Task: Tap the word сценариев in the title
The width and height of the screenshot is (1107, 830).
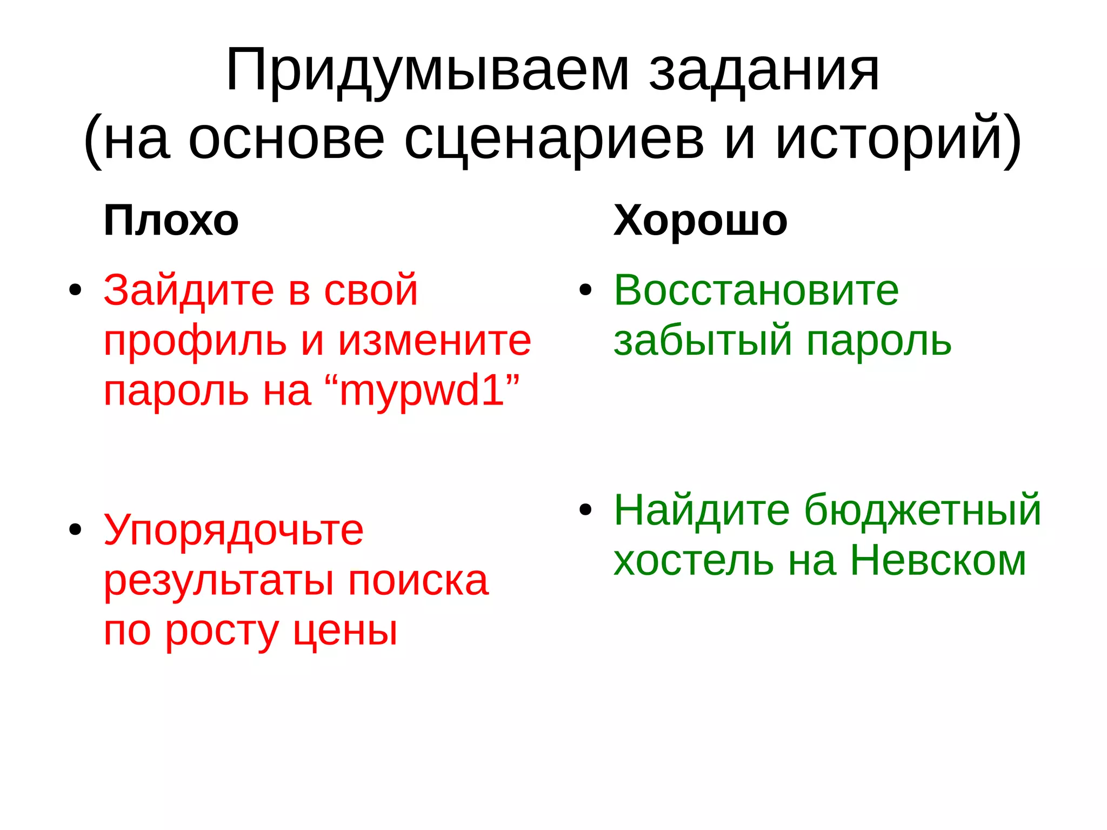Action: (x=554, y=140)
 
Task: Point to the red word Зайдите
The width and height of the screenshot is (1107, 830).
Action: (x=189, y=291)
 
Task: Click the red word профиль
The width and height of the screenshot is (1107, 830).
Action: (x=195, y=342)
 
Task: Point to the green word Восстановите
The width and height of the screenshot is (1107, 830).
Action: (x=756, y=290)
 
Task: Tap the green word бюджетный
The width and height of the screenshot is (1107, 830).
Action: (x=922, y=510)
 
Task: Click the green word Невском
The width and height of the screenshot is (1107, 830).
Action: (x=938, y=560)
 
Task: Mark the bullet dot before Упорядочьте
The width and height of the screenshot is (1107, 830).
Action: (x=75, y=529)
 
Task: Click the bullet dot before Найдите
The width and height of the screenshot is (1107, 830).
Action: (x=585, y=509)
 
